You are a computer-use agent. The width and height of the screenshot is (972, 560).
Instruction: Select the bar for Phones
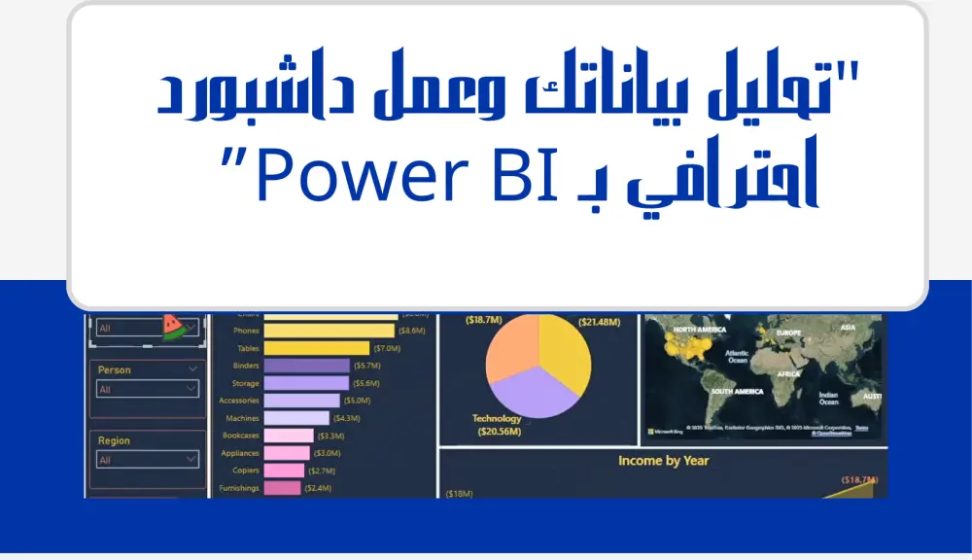(315, 331)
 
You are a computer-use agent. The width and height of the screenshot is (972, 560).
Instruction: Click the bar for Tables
(302, 348)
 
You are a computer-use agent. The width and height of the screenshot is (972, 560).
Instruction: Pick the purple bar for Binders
(293, 366)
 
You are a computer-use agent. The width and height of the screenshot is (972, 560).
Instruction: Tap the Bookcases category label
(240, 436)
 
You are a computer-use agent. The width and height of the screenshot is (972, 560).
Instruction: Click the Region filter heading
(114, 440)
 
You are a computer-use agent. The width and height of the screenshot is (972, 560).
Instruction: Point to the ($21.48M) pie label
(599, 322)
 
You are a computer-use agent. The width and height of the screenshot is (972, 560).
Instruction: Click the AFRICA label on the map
(788, 374)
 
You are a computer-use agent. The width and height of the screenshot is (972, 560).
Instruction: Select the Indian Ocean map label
(828, 399)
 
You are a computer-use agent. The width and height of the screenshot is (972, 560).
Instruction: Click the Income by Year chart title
(663, 461)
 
